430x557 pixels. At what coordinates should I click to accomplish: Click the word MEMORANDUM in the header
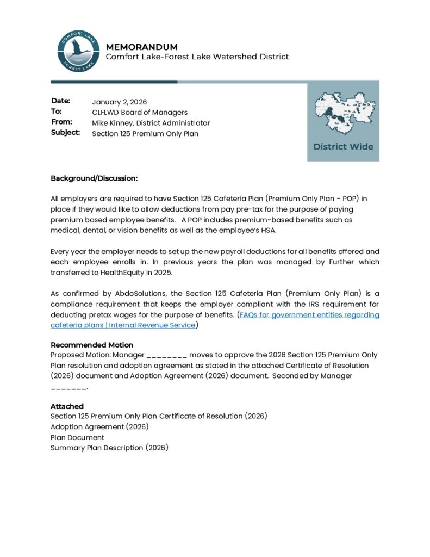pyautogui.click(x=141, y=47)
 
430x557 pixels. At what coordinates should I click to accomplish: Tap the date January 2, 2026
pyautogui.click(x=119, y=102)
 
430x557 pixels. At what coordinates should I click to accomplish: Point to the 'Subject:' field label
pyautogui.click(x=65, y=133)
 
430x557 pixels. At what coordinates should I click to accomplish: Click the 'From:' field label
pyautogui.click(x=61, y=122)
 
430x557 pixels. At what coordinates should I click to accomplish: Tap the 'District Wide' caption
pyautogui.click(x=343, y=146)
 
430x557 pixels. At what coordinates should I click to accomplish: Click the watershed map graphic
pyautogui.click(x=343, y=114)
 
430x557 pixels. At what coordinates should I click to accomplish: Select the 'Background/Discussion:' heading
pyautogui.click(x=94, y=178)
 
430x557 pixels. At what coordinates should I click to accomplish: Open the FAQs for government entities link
pyautogui.click(x=309, y=315)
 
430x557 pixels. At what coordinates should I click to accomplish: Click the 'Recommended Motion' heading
pyautogui.click(x=91, y=345)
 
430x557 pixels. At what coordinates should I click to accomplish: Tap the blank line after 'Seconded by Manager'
pyautogui.click(x=68, y=387)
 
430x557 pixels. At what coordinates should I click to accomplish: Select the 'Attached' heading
pyautogui.click(x=67, y=406)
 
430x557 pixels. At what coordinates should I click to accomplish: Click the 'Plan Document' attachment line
pyautogui.click(x=77, y=437)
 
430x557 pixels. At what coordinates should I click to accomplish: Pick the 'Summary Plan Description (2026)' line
pyautogui.click(x=109, y=448)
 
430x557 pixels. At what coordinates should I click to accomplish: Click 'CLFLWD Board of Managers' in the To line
pyautogui.click(x=140, y=112)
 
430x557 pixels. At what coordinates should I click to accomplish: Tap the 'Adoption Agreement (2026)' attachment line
pyautogui.click(x=99, y=427)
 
